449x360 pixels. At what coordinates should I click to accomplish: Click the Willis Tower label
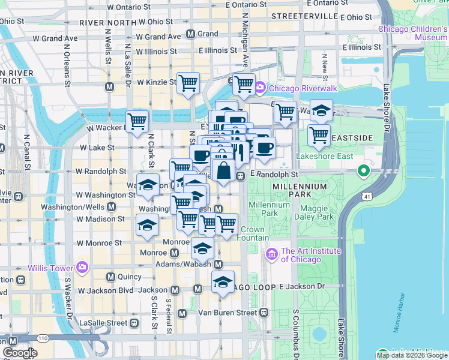50,267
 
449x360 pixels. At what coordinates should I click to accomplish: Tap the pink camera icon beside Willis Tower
82,267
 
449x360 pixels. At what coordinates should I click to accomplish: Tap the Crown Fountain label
255,234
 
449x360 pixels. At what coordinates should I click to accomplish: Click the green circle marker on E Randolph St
363,172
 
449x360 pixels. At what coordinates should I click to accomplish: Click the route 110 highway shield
41,339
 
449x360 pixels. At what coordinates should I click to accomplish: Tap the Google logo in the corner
20,353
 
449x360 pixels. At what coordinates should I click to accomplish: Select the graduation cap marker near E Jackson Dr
223,282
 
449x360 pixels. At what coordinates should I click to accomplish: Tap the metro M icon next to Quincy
110,277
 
